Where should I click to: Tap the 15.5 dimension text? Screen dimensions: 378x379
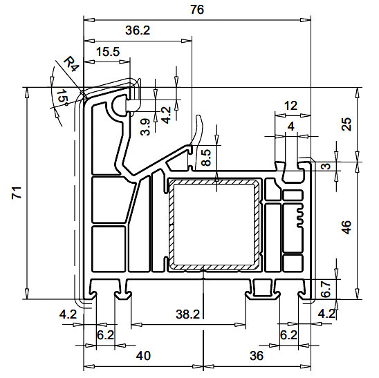pos(107,52)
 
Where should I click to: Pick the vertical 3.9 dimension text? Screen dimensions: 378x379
pos(145,127)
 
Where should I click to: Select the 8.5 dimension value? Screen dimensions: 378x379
pos(205,158)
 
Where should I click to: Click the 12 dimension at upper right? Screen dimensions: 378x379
pos(290,106)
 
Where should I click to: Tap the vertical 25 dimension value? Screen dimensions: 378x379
pos(347,124)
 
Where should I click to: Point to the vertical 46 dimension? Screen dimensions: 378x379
pos(347,227)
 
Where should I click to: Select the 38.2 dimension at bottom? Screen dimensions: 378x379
pos(187,314)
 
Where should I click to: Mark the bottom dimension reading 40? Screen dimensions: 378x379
pos(143,356)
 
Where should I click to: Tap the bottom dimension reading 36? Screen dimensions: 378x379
pos(256,356)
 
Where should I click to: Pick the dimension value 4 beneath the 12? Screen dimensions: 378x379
pos(290,126)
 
